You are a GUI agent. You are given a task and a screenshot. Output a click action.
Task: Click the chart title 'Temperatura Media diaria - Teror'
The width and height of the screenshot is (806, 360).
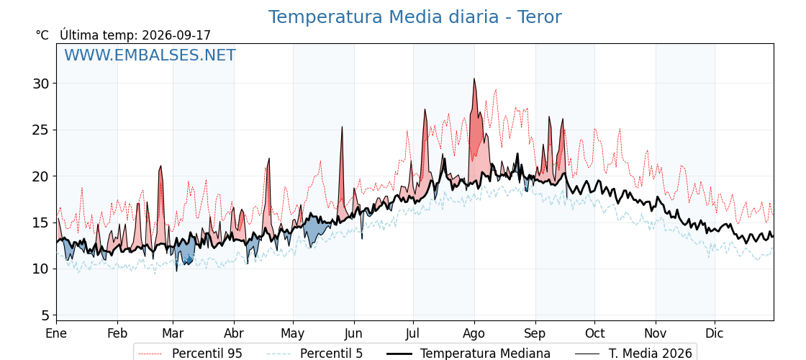[415, 17]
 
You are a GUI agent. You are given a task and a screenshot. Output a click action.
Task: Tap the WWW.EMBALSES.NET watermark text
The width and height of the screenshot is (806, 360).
[150, 55]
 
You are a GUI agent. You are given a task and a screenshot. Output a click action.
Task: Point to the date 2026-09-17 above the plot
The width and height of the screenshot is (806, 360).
[176, 35]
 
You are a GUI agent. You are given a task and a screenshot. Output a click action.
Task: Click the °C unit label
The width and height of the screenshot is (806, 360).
[42, 35]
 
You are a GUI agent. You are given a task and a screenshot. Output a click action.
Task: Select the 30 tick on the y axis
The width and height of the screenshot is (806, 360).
[41, 84]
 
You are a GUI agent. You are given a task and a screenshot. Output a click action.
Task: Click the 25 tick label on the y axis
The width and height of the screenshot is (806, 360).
[41, 130]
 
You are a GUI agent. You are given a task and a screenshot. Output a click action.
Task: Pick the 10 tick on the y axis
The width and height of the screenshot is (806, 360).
[41, 269]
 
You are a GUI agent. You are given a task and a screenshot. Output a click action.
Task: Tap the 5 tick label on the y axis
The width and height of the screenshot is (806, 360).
[45, 315]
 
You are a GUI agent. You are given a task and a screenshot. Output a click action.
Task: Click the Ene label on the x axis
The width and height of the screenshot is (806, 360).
[56, 333]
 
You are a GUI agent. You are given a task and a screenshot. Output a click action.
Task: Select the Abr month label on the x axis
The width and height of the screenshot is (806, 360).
[234, 333]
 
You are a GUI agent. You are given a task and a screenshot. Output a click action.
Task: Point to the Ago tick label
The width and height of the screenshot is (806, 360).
[474, 333]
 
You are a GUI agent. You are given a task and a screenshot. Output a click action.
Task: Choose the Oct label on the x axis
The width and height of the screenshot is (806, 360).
[594, 333]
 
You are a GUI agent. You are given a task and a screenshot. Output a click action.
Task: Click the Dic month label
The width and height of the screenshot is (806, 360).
[715, 333]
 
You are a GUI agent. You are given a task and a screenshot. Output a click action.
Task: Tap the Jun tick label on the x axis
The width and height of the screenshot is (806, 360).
[353, 333]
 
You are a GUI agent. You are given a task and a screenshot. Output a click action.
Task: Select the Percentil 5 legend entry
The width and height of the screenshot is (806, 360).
[314, 354]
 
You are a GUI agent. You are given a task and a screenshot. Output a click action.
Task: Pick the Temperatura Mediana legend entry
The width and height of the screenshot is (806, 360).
[468, 354]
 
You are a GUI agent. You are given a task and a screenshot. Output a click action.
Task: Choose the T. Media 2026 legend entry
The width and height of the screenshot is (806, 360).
[633, 354]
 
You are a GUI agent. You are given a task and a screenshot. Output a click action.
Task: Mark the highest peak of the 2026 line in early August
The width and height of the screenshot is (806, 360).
[474, 78]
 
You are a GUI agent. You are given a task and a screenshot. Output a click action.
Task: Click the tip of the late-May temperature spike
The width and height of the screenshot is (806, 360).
[342, 127]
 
